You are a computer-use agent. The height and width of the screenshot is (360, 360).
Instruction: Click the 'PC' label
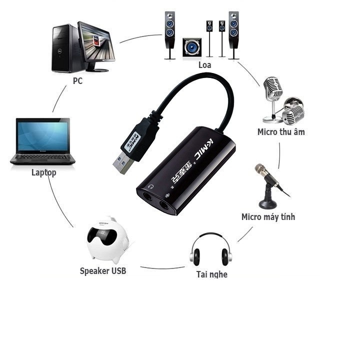coord(77,80)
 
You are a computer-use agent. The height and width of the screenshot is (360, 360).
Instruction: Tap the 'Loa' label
coord(204,65)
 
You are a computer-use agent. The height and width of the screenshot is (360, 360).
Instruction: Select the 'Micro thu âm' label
coord(281,132)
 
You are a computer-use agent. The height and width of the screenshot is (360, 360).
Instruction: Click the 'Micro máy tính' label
coord(268,216)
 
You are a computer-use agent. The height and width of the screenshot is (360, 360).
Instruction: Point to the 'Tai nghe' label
coord(211,274)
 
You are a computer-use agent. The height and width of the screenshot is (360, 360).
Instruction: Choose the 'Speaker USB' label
coord(103,270)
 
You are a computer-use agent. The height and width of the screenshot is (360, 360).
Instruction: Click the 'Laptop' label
coord(43,172)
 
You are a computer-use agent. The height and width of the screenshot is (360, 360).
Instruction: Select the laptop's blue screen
coord(42,136)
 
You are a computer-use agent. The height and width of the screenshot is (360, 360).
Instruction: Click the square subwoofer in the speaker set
coord(192,48)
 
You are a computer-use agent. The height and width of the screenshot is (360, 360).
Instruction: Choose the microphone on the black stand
coord(268,182)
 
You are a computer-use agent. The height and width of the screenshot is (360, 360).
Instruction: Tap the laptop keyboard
coord(42,158)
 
